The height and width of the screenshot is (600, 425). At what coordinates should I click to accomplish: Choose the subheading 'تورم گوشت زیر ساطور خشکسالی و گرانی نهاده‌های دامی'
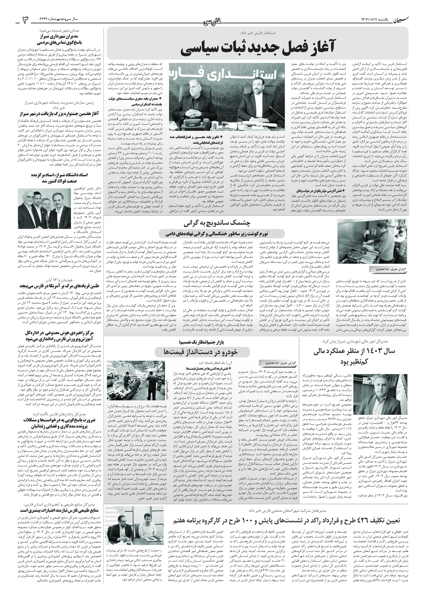click(x=222, y=233)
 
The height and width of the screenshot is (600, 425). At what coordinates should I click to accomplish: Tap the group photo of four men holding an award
click(x=44, y=209)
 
